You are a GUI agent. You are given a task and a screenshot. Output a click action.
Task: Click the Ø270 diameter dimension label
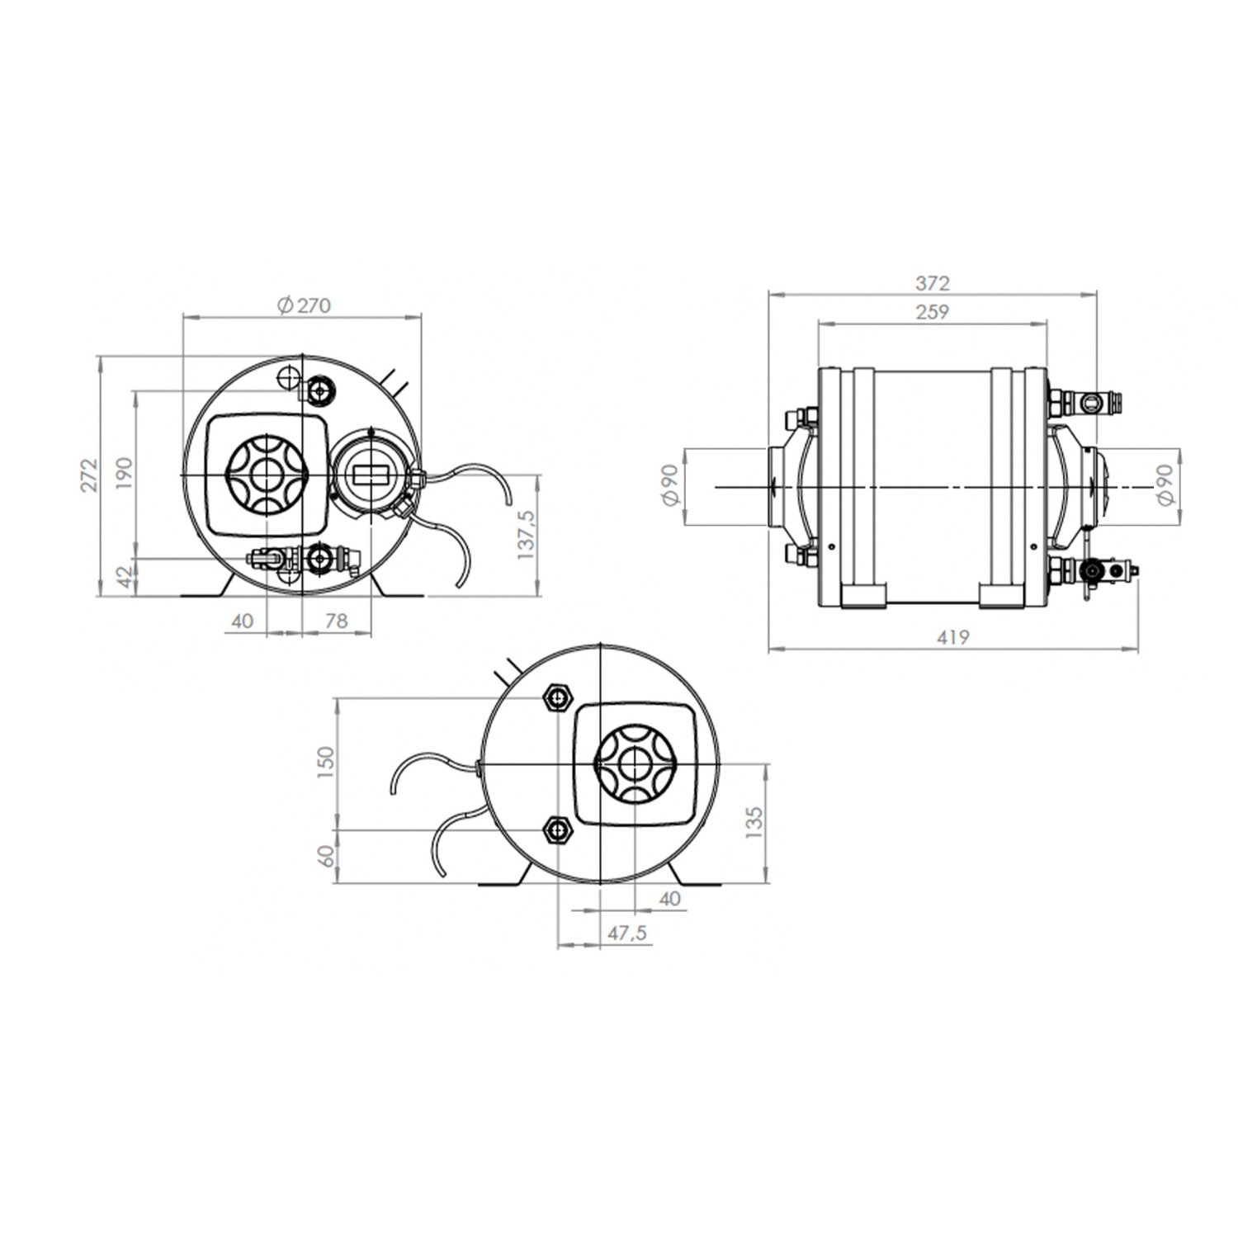tap(304, 305)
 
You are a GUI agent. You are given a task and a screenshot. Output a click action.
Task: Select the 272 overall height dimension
tap(90, 475)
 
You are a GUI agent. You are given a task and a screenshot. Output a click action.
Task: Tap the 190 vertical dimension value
tap(125, 474)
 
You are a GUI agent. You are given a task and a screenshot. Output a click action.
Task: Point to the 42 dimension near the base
tap(125, 578)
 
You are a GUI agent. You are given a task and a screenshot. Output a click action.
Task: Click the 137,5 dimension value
tap(526, 534)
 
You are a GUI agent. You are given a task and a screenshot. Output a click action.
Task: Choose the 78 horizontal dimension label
tap(336, 620)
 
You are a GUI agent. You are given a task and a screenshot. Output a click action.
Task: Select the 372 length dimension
tap(933, 283)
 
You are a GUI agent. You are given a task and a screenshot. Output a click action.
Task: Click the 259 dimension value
tap(933, 312)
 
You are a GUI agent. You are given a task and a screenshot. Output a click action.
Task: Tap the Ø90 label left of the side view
tap(669, 485)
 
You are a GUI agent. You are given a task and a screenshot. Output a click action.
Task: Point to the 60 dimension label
tap(327, 856)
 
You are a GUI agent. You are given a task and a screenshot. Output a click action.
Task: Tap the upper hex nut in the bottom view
tap(559, 698)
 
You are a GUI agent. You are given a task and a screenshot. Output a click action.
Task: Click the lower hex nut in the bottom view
tap(559, 830)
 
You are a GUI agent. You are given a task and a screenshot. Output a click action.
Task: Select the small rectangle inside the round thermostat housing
tap(371, 475)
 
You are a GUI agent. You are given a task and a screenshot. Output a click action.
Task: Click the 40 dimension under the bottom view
tap(670, 898)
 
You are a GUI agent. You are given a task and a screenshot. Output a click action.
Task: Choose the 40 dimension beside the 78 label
tap(243, 620)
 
